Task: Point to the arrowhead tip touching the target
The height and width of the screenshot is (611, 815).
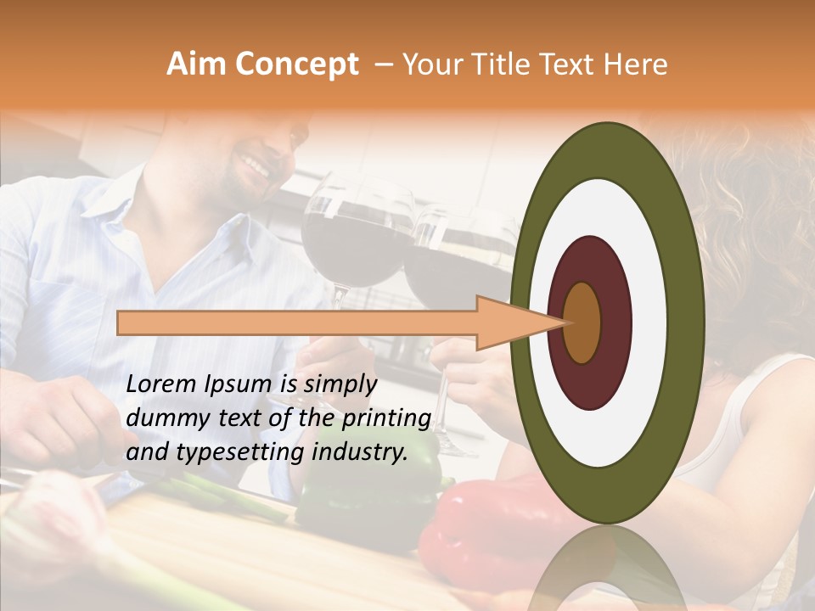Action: [x=564, y=322]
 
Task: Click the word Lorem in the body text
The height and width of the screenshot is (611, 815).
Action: [x=160, y=384]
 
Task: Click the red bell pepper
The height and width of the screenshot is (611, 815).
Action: [x=475, y=526]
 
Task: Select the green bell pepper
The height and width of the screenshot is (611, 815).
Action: [x=374, y=492]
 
